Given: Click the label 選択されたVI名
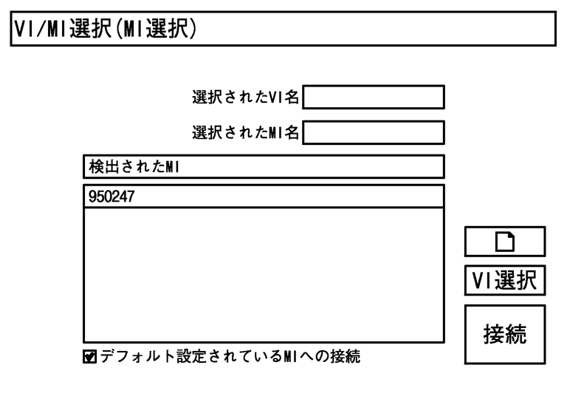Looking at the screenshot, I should [x=246, y=98].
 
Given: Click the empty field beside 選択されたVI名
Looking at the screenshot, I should [x=374, y=98].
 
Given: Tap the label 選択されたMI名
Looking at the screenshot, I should [x=246, y=132].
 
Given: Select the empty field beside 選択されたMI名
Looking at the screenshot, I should [x=374, y=132].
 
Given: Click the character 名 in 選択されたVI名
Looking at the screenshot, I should [x=293, y=98].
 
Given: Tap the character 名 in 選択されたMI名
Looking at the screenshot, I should [x=293, y=132].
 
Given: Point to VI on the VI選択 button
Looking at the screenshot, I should [x=481, y=281].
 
